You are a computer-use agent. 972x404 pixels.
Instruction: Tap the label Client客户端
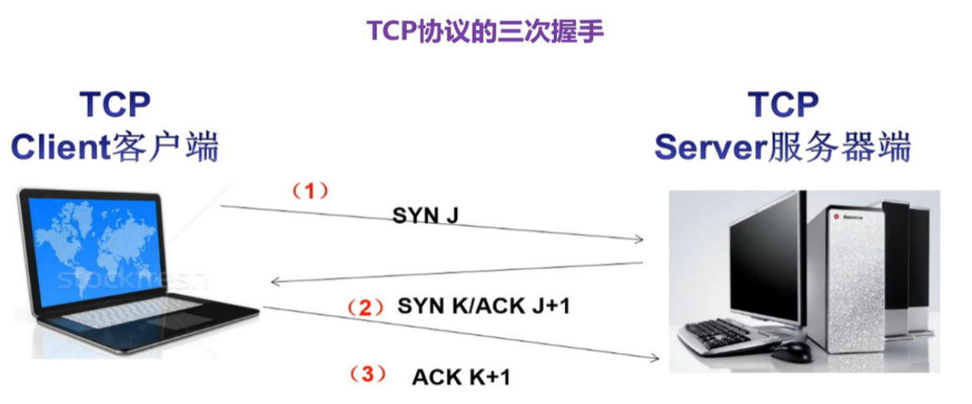[x=114, y=148]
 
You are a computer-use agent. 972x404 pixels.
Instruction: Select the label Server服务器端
[x=782, y=148]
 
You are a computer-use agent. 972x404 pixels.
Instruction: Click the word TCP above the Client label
[x=114, y=106]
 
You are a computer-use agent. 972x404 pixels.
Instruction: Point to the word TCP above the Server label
[x=783, y=106]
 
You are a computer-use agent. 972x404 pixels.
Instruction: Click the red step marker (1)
[x=310, y=191]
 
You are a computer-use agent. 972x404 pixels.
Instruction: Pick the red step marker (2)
[x=364, y=306]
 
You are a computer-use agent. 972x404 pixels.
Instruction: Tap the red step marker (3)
[x=367, y=374]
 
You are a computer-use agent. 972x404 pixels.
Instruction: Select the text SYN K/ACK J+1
[x=483, y=306]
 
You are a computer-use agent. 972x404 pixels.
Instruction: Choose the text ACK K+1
[x=461, y=376]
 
